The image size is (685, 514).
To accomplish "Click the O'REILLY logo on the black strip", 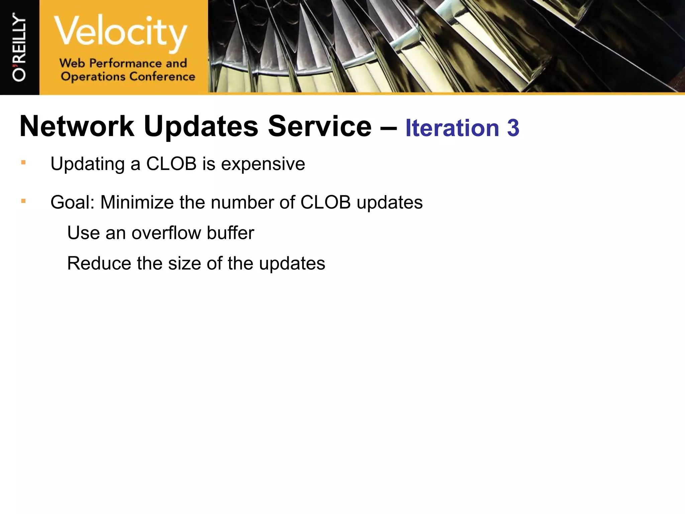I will (19, 47).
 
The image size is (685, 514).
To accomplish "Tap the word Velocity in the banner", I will (120, 32).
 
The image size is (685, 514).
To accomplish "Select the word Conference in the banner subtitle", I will (162, 77).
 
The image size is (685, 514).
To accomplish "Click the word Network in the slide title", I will (77, 126).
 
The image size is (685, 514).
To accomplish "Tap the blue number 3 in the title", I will (513, 128).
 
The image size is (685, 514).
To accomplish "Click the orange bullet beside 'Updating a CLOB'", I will (23, 163).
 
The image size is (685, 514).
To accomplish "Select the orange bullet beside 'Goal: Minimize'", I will (23, 201).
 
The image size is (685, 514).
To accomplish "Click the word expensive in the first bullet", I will (263, 164).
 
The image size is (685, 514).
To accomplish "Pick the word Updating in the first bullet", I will (88, 164).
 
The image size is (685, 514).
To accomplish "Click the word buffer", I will (230, 233).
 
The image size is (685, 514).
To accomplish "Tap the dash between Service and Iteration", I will (388, 127).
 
